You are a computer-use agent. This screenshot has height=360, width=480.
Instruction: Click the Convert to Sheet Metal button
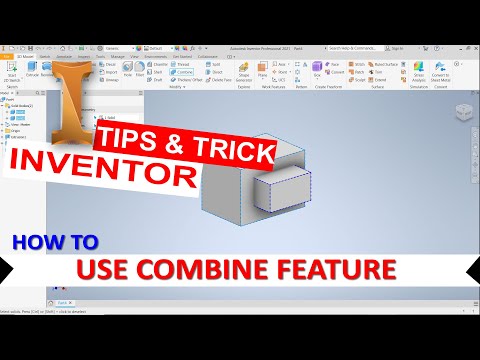[442, 72]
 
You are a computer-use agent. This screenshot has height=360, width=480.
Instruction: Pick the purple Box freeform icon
[317, 69]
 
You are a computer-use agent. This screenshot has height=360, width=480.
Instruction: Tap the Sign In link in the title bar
[397, 47]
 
